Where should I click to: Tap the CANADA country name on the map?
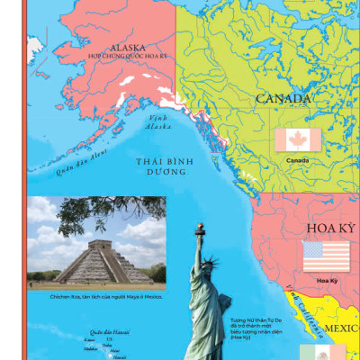click(x=283, y=98)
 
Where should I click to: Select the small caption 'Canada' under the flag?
click(x=297, y=161)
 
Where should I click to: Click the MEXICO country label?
click(x=340, y=329)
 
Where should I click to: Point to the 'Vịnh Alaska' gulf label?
click(x=159, y=121)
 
